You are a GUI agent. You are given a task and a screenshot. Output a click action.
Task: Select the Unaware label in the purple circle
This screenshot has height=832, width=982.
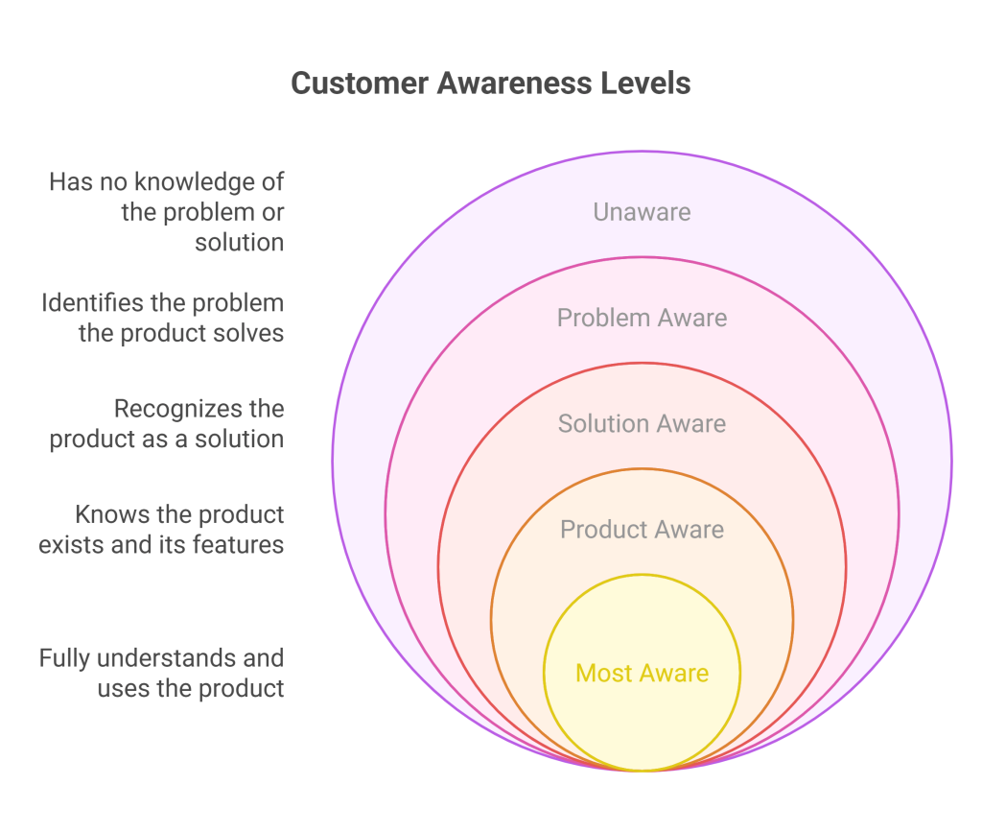click(x=642, y=212)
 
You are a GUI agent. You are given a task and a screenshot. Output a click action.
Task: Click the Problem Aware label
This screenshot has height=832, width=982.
click(x=642, y=318)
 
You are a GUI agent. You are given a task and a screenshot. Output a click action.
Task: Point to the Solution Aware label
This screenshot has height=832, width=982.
click(x=642, y=423)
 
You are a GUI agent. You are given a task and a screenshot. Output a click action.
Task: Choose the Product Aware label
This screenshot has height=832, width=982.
click(x=642, y=529)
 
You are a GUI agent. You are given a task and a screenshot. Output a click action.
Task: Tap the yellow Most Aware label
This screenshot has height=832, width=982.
click(x=642, y=673)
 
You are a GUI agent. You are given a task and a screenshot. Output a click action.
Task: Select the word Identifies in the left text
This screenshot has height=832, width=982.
click(x=88, y=303)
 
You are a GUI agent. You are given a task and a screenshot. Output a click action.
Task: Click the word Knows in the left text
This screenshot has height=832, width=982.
click(x=105, y=514)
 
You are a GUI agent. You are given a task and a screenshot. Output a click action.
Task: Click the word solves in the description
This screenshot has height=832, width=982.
click(x=250, y=334)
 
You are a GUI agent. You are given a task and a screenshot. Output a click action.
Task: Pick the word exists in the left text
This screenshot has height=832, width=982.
click(x=68, y=545)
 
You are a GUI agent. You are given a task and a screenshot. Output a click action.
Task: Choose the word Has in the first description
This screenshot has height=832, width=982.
click(x=69, y=181)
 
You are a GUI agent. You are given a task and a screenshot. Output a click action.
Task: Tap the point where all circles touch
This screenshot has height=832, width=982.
click(x=642, y=771)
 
